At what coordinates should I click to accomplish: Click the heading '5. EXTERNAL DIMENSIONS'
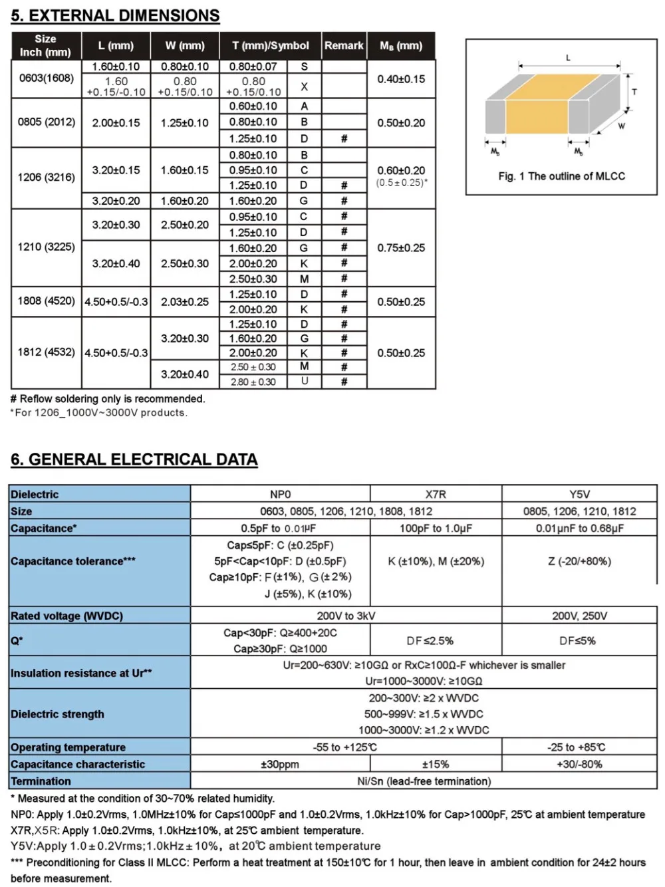point(115,16)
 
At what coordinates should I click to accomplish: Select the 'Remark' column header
point(344,46)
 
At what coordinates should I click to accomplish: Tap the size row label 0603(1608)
point(46,78)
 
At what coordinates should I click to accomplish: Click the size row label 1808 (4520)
point(46,301)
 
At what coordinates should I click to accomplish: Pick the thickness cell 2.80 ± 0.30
point(253,382)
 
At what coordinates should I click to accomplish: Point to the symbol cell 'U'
point(304,381)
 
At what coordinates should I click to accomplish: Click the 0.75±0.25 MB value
point(401,248)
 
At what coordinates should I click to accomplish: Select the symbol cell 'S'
point(304,66)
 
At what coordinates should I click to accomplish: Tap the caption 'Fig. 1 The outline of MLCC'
point(561,176)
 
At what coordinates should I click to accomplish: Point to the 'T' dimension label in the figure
point(634,92)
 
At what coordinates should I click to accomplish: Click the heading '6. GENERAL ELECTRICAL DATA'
point(134,459)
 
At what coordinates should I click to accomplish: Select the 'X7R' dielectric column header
point(436,494)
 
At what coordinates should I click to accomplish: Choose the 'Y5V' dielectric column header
point(579,494)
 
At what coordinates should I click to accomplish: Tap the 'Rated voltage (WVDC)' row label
point(66,616)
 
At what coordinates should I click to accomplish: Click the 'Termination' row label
point(41,781)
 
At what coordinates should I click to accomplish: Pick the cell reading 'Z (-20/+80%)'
point(579,561)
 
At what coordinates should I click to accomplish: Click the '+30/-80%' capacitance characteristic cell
point(579,765)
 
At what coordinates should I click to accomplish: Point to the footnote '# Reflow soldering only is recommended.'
point(108,399)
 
